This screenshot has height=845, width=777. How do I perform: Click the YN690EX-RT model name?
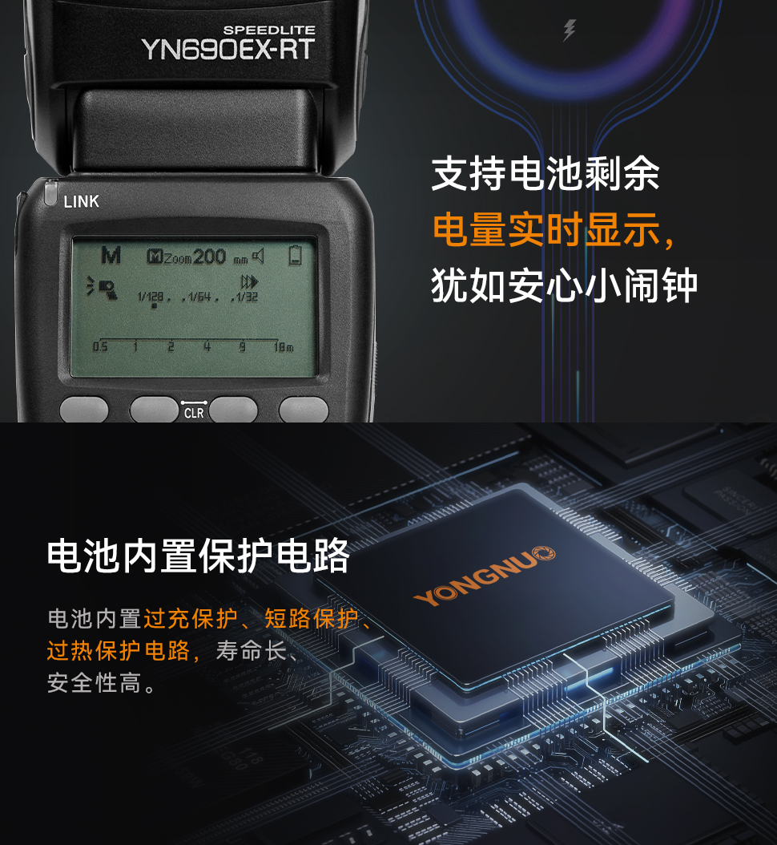pyautogui.click(x=227, y=50)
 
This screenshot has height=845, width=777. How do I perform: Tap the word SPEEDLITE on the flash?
pyautogui.click(x=268, y=30)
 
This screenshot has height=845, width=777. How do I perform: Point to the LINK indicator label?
pyautogui.click(x=81, y=202)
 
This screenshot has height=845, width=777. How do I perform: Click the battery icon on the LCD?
pyautogui.click(x=296, y=256)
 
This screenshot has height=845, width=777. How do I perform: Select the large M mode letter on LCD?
pyautogui.click(x=111, y=256)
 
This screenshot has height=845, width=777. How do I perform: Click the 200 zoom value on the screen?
pyautogui.click(x=209, y=256)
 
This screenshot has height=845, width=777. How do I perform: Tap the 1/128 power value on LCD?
pyautogui.click(x=150, y=297)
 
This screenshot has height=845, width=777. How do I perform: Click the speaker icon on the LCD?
pyautogui.click(x=258, y=256)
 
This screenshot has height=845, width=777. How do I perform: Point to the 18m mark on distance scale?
pyautogui.click(x=284, y=347)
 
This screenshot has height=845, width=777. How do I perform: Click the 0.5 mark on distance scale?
pyautogui.click(x=99, y=347)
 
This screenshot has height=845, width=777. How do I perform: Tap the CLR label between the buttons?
pyautogui.click(x=194, y=414)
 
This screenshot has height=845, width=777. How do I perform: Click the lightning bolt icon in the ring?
pyautogui.click(x=570, y=31)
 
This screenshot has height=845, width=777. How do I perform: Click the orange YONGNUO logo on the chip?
pyautogui.click(x=485, y=575)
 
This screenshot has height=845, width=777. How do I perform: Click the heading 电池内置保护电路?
pyautogui.click(x=199, y=556)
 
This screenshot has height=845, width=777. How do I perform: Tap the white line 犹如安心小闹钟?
pyautogui.click(x=564, y=286)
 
